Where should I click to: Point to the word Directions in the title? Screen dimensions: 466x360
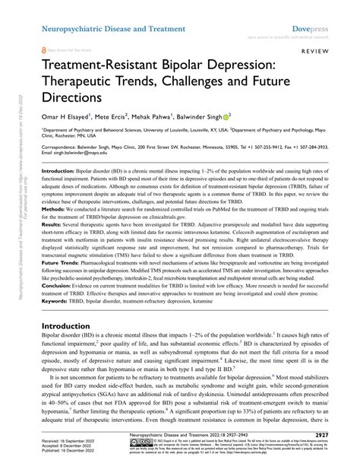(x=69, y=98)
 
